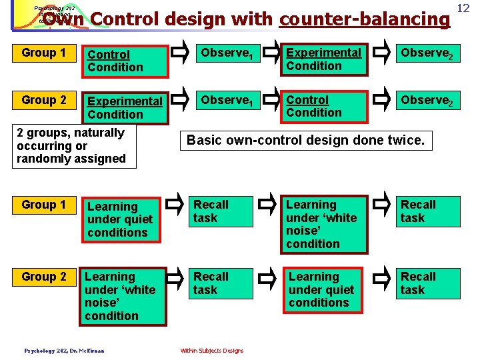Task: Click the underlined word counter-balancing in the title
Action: pyautogui.click(x=365, y=19)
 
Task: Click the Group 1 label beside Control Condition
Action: pyautogui.click(x=44, y=53)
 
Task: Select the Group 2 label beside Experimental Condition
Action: pyautogui.click(x=44, y=100)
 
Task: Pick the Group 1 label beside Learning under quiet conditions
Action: pyautogui.click(x=44, y=205)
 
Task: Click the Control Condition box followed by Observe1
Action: pyautogui.click(x=124, y=60)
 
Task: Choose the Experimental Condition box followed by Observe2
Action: pyautogui.click(x=323, y=59)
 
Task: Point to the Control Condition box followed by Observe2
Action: pyautogui.click(x=323, y=107)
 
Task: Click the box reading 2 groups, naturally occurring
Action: pyautogui.click(x=73, y=145)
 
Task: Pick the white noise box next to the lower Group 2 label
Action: pyautogui.click(x=123, y=296)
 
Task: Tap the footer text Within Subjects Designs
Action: pyautogui.click(x=212, y=351)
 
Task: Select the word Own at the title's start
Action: pyautogui.click(x=63, y=19)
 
